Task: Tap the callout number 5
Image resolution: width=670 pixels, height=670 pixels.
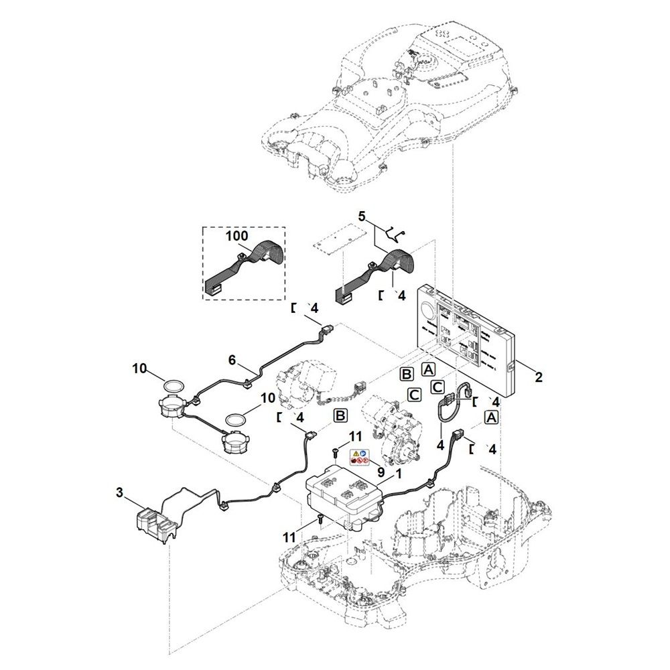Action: tap(362, 216)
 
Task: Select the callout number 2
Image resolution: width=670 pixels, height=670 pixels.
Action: tap(538, 377)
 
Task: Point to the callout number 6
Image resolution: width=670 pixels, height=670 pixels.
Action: tap(232, 360)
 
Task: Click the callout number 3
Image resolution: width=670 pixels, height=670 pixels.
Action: tap(119, 493)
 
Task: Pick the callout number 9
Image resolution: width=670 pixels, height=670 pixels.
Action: tap(381, 471)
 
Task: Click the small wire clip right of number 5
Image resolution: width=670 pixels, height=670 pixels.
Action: tap(397, 233)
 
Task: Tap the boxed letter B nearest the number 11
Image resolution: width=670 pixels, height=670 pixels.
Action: tap(340, 417)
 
